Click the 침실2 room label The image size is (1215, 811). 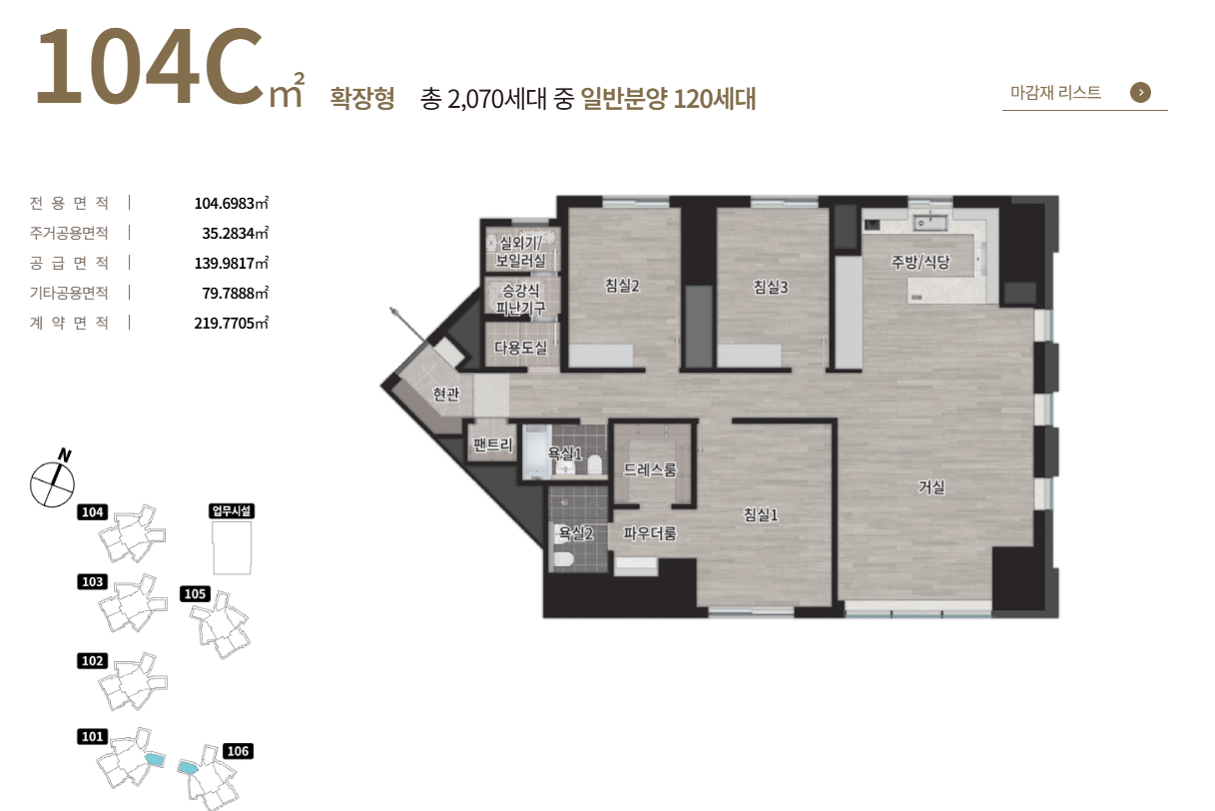pos(622,286)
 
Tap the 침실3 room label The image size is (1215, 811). pos(770,287)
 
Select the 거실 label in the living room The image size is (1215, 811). pos(931,486)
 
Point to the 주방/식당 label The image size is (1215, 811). pos(920,262)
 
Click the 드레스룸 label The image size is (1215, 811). pos(650,469)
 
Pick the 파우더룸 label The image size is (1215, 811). pos(650,533)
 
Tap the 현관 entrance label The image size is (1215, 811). pos(446,394)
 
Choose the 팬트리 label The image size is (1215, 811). pos(492,444)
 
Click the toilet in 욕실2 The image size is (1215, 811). pos(563,558)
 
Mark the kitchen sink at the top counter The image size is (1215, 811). pos(929,222)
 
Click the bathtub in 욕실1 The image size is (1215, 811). pos(536,451)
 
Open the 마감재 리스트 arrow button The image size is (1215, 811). pos(1140,92)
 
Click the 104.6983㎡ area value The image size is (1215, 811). pos(232,203)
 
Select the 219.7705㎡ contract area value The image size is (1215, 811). pos(232,323)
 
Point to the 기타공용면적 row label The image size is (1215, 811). pos(69,293)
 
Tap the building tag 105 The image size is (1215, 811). pos(195,594)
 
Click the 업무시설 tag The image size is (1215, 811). pos(232,510)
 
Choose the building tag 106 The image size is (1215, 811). pos(239,751)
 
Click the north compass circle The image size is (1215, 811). pos(52,485)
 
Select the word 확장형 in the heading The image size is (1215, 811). pos(362,98)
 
